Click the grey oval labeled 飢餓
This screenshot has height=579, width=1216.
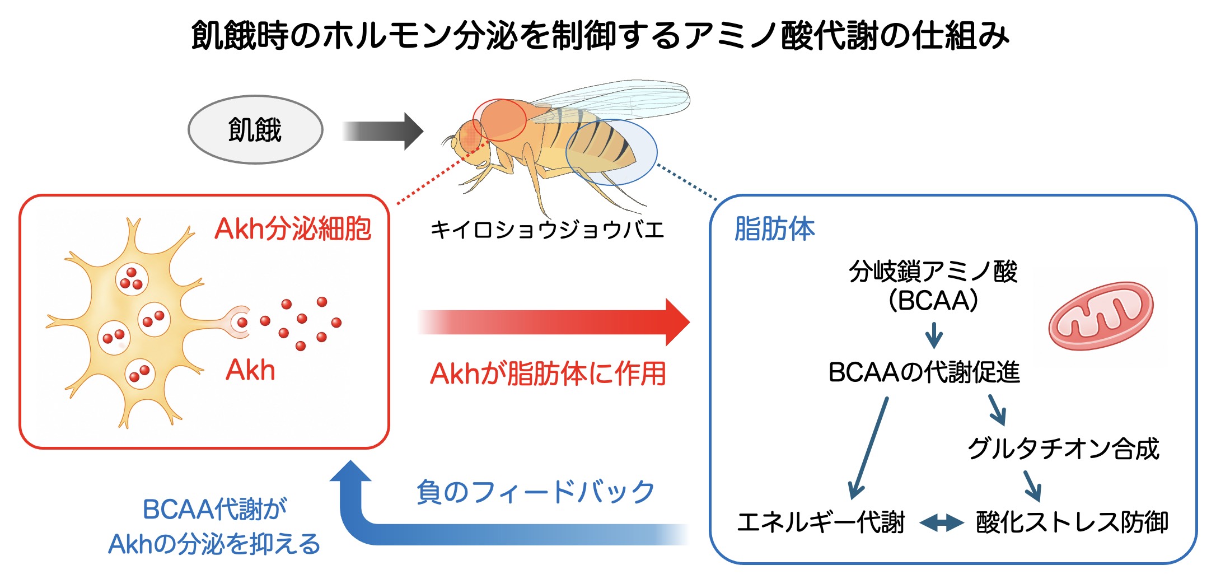255,130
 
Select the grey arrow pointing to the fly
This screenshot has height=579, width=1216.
383,132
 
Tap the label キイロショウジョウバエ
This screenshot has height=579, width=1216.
547,230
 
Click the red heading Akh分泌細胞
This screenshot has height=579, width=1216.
293,228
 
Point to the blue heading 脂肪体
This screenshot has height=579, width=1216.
774,229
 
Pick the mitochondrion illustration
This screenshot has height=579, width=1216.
1101,316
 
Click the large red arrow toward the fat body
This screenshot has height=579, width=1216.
554,323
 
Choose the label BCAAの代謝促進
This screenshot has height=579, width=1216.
924,372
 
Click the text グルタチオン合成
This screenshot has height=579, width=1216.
1063,449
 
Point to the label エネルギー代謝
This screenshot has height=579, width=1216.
821,522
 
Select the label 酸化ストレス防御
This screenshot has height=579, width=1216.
1072,522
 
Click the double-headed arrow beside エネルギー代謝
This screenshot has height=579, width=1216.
941,524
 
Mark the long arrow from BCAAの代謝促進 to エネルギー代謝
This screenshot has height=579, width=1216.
868,448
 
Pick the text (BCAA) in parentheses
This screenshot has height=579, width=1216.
933,301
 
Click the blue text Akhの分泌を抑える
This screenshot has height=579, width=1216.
214,544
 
